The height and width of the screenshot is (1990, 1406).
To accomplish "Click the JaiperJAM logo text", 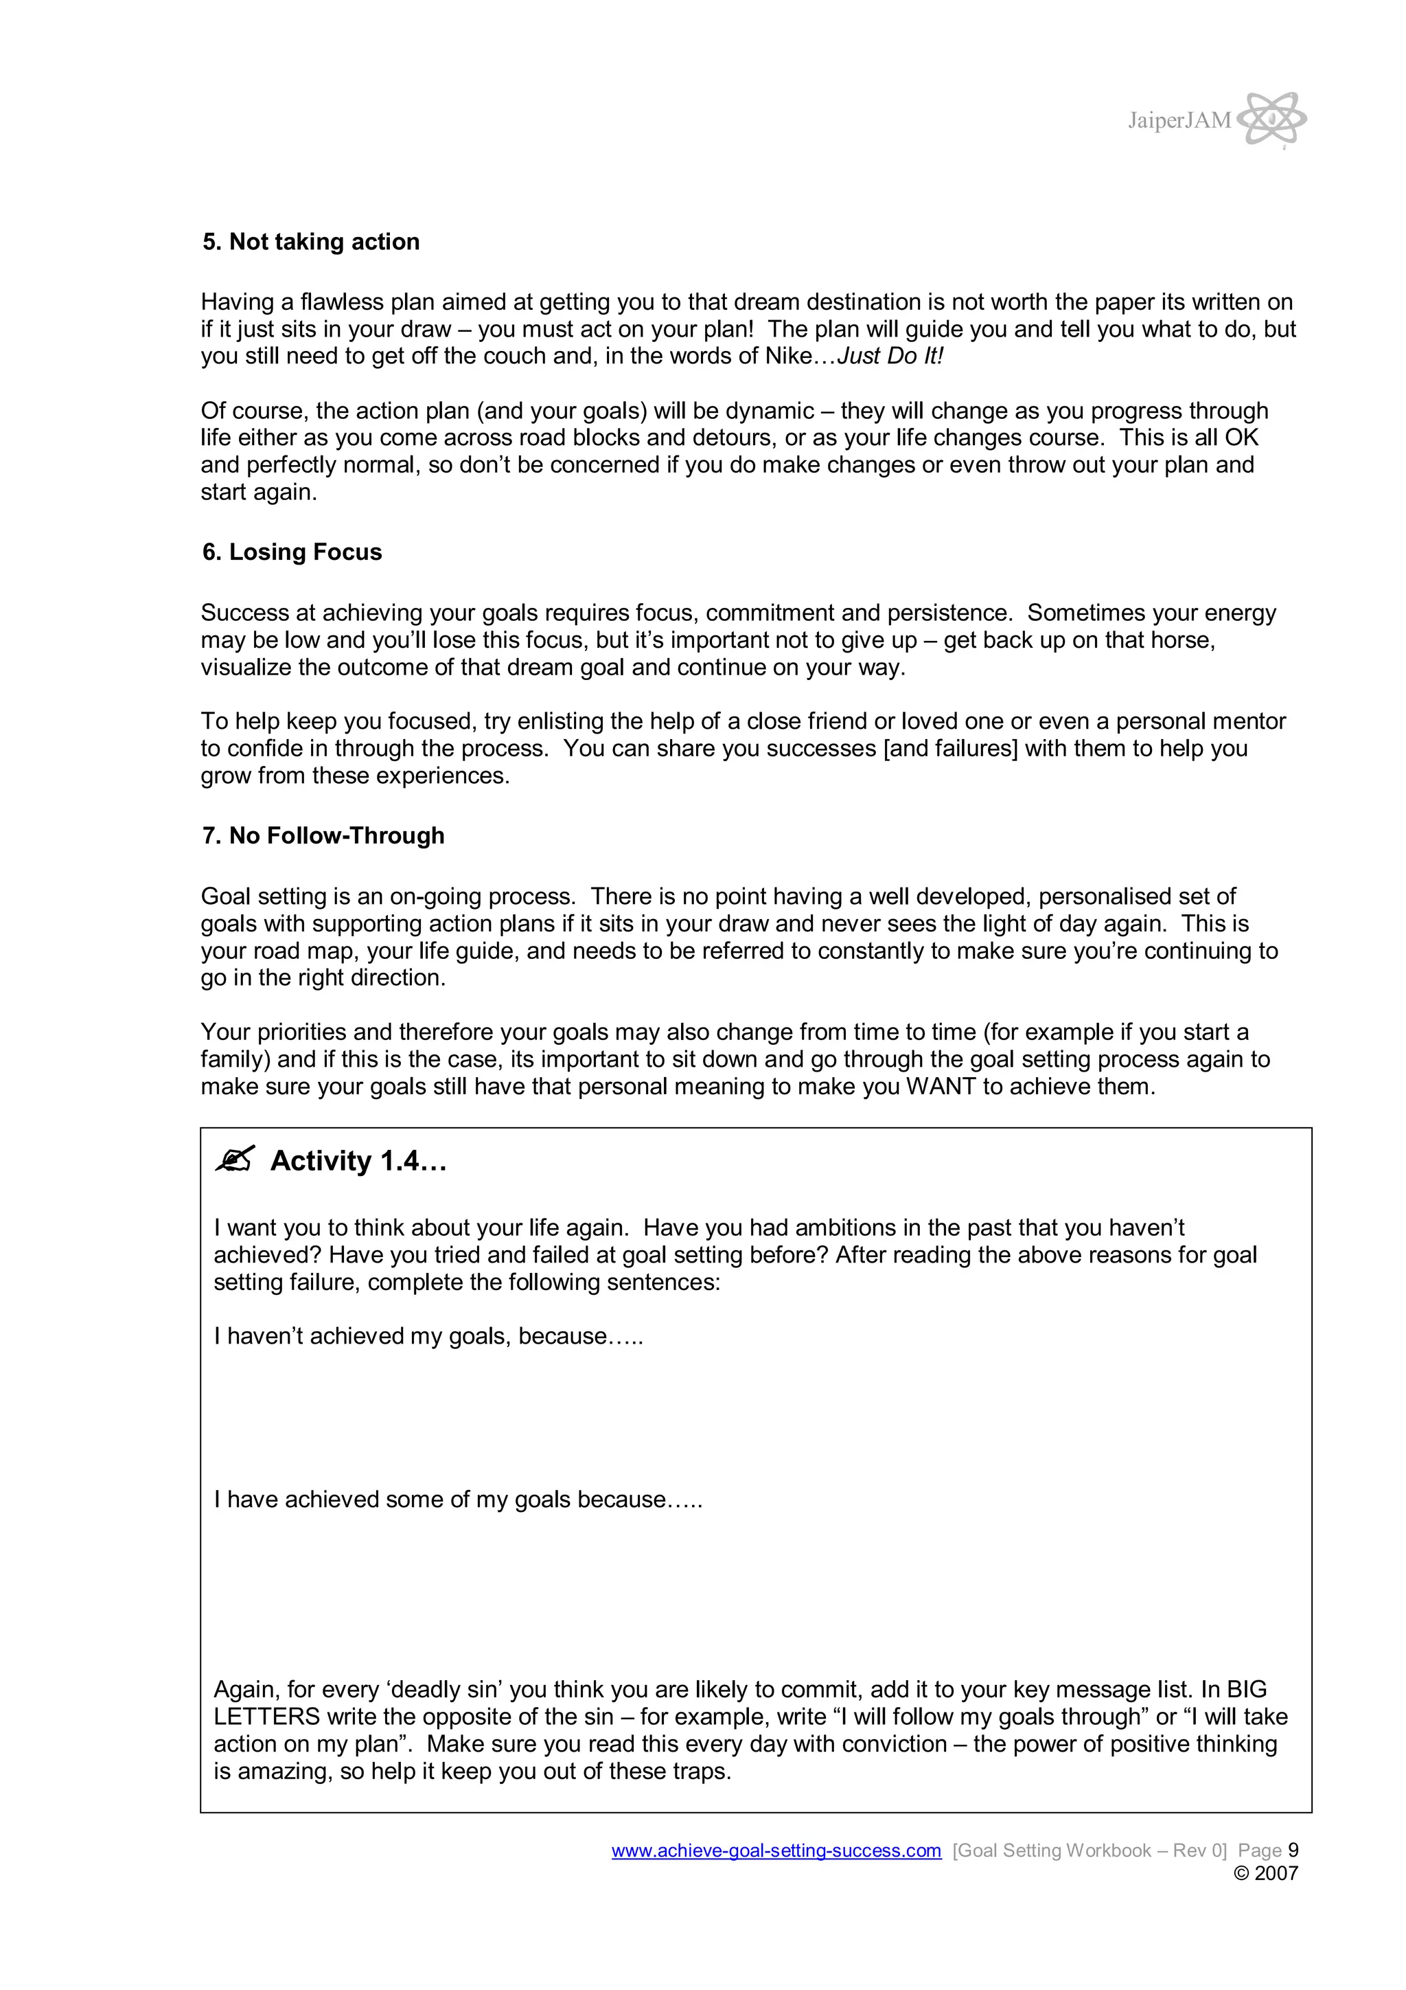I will tap(1178, 120).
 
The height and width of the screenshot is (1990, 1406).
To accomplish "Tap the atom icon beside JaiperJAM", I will tap(1271, 119).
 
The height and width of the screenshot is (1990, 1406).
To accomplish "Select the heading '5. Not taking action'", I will tap(311, 242).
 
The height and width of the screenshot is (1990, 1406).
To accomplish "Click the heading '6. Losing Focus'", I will tap(292, 552).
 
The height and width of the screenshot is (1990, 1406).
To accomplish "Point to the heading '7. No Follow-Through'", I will tap(323, 835).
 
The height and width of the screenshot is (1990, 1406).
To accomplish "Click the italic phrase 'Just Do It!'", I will tap(890, 357).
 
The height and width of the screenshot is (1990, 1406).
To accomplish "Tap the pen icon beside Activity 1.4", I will tap(235, 1160).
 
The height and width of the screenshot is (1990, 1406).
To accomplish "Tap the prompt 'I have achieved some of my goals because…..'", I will tap(459, 1500).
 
